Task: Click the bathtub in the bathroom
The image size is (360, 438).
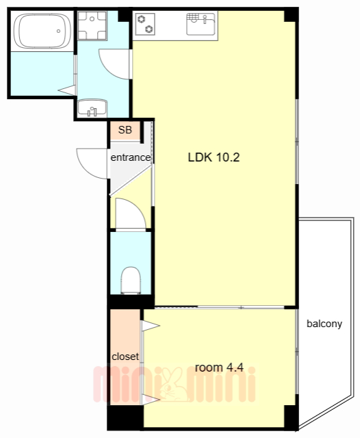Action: point(42,31)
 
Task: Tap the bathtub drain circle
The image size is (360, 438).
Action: point(58,31)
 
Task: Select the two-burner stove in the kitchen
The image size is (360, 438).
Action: point(145,25)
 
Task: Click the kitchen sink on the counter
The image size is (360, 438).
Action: point(201,25)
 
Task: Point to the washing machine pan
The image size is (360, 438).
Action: point(92,26)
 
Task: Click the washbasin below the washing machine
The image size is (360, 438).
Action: point(92,108)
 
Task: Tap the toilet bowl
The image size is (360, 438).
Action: point(131,280)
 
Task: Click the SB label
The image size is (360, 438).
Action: point(125,130)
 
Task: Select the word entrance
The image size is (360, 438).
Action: point(131,157)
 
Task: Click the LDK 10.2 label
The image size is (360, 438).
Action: point(214,157)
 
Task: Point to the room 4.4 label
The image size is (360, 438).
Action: point(219,368)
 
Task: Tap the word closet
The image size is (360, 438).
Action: point(125,357)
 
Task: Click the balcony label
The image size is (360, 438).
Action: point(324,324)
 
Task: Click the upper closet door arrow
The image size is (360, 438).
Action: point(151,326)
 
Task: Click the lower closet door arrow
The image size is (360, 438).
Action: point(151,400)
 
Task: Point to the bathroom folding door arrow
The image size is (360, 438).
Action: point(67,90)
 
